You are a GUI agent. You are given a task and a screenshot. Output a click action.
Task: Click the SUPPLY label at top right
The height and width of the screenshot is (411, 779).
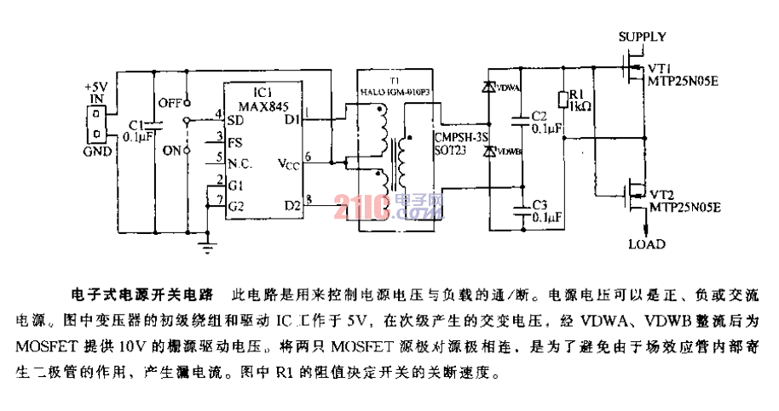point(642,37)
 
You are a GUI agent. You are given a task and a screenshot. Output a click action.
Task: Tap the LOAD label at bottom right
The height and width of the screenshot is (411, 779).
point(646,244)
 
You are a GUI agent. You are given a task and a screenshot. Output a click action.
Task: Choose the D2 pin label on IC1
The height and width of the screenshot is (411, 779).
point(291,204)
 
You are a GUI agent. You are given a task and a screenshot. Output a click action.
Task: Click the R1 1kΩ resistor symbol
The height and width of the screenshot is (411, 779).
point(561,100)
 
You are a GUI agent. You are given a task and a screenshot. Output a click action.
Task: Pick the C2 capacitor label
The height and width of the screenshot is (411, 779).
point(539,116)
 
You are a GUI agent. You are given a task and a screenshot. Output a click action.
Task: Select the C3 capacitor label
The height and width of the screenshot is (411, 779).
point(539,205)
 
